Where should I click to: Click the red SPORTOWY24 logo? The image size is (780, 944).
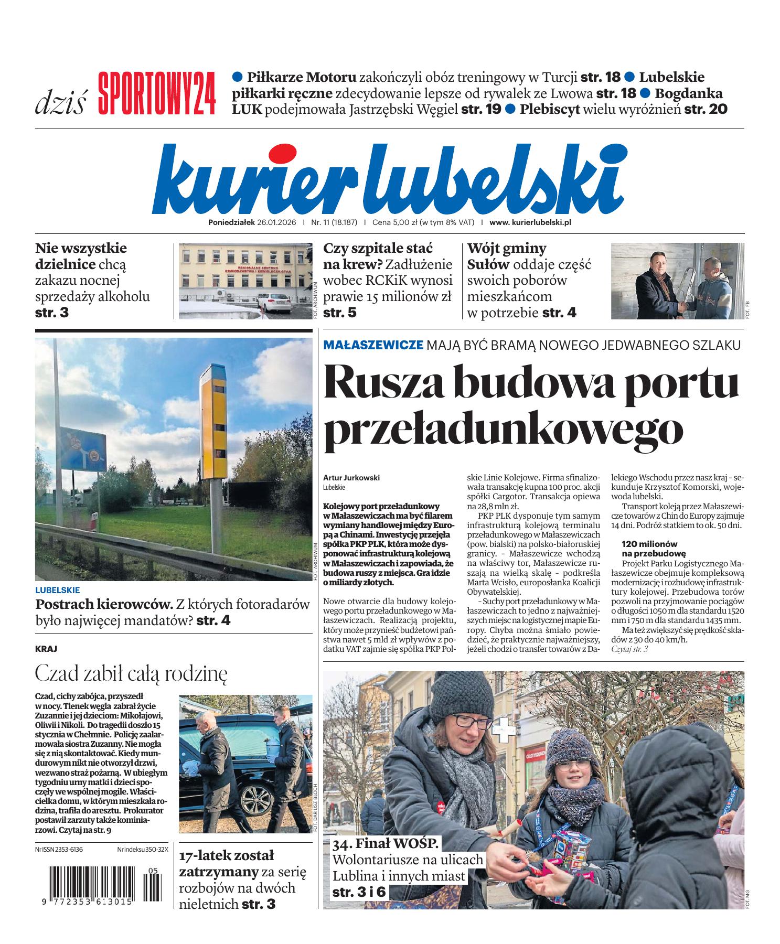(156, 93)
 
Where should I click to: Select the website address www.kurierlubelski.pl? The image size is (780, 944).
(530, 222)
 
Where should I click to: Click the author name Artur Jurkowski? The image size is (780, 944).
(351, 478)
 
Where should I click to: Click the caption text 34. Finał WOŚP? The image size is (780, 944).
(385, 844)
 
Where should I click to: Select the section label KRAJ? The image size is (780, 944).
(46, 649)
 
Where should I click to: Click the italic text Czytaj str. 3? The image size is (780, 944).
(630, 649)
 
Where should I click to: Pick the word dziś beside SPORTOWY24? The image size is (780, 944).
(60, 103)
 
